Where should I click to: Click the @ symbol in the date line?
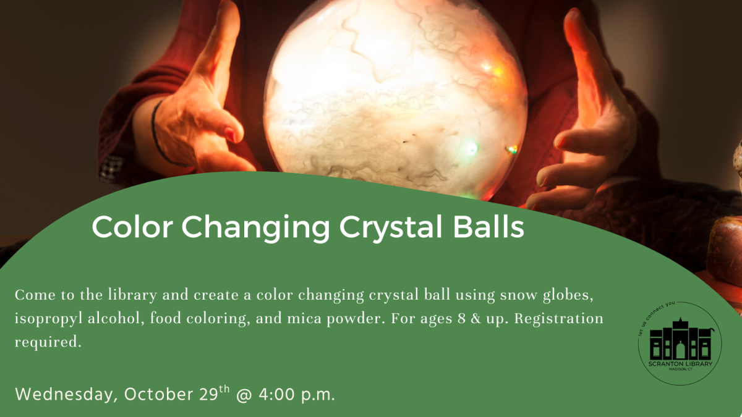(x=242, y=394)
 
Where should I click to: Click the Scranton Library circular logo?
(x=680, y=344)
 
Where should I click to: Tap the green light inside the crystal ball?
(x=471, y=147)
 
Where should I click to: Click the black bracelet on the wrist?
(x=159, y=133)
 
